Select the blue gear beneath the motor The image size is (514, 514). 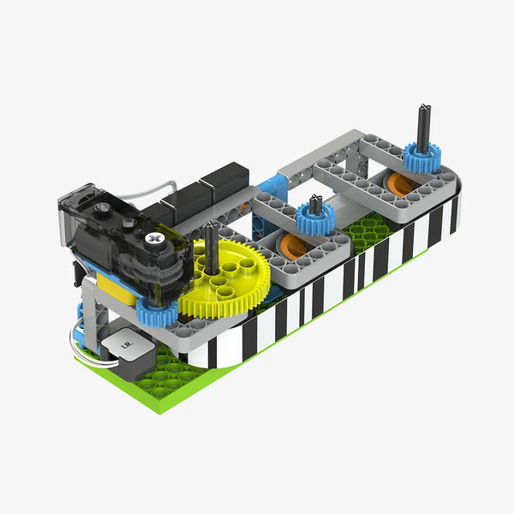coord(157,312)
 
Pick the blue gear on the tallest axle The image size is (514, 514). coord(421,158)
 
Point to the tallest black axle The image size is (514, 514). coord(424,128)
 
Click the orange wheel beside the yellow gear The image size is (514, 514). coord(293,246)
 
